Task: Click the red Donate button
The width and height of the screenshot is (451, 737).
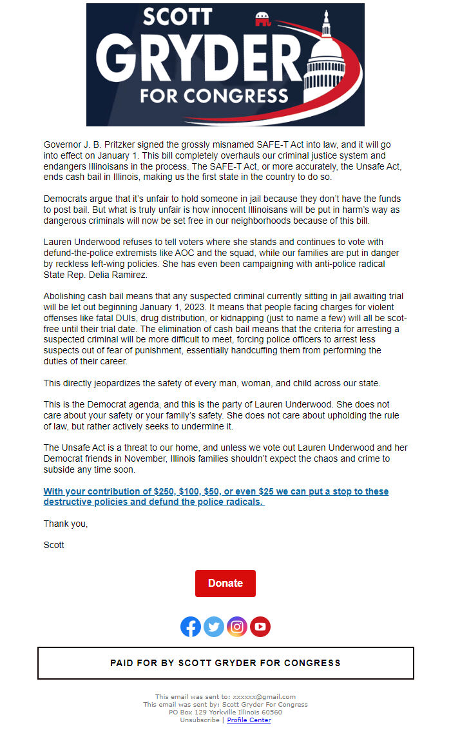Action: (225, 583)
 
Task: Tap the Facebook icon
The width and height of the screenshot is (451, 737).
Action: (191, 626)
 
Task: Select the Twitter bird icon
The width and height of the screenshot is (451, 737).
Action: (214, 626)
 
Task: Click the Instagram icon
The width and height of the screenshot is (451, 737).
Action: (237, 626)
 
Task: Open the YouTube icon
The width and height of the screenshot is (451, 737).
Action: (260, 626)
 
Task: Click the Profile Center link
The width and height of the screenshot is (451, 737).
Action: (249, 720)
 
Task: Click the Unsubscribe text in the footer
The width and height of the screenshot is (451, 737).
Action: (200, 720)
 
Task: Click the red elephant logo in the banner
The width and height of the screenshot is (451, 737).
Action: (263, 20)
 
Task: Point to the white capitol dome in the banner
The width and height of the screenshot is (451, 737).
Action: (325, 61)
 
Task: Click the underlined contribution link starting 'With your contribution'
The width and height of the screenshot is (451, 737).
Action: (216, 496)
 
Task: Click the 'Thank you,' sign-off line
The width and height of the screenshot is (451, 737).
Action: (66, 524)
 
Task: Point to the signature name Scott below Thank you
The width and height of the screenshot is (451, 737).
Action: (54, 545)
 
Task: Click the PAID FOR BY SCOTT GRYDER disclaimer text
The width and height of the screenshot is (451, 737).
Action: (225, 663)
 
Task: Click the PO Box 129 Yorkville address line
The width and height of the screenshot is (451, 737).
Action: (225, 712)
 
